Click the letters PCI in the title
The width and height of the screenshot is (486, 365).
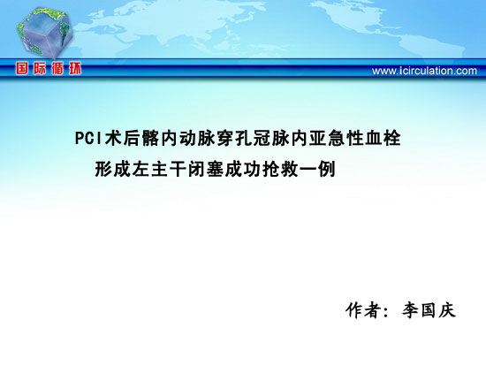coord(88,138)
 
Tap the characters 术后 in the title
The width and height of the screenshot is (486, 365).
coord(122,138)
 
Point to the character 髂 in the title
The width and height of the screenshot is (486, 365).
coord(150,138)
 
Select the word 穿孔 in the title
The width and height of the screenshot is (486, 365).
coord(234,138)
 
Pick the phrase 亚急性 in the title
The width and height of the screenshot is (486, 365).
coord(336,138)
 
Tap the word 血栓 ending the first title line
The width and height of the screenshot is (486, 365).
coord(383,138)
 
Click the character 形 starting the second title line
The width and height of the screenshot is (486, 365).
coord(103,170)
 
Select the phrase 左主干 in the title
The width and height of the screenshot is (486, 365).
coord(159,170)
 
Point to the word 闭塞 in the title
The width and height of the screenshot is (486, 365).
coord(206,170)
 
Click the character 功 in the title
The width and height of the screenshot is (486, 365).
coord(253,170)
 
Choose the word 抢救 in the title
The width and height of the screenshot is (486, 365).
coord(280,170)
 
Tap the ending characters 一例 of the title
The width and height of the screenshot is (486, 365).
coord(317,170)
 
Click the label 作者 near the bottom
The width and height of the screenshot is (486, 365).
coord(363,310)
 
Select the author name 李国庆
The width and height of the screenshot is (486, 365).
coord(429,310)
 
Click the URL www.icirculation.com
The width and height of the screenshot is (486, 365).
coord(424,71)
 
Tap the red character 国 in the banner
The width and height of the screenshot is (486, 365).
coord(22,68)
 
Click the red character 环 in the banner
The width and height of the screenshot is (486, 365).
coord(75,68)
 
